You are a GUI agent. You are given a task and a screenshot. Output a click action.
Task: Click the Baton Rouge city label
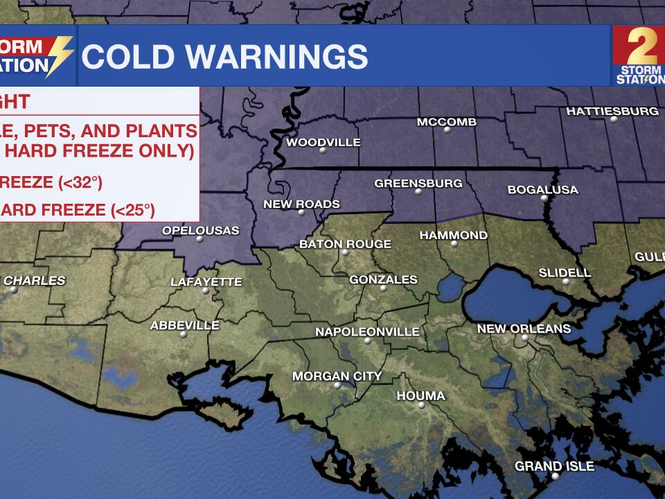pos(345,244)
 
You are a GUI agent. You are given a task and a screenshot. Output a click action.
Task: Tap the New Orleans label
pos(524,329)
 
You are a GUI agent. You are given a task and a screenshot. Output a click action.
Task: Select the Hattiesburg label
pos(612,111)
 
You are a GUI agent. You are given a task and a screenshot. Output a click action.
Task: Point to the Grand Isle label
pos(554,466)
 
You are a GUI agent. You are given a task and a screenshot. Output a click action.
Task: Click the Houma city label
pos(420,396)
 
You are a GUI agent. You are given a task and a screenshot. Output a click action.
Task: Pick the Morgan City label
pos(337,376)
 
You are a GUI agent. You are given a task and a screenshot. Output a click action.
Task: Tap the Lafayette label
pos(206,282)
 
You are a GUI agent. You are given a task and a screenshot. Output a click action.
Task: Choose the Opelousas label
pos(200,230)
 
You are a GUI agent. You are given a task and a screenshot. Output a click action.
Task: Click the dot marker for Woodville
pos(323,150)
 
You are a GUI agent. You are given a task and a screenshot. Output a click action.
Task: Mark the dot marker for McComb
pos(447,130)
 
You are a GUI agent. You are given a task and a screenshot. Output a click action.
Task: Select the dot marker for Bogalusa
pos(544,198)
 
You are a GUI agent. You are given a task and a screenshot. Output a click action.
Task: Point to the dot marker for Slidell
pos(566,281)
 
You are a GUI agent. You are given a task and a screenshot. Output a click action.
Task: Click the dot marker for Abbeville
pos(184,334)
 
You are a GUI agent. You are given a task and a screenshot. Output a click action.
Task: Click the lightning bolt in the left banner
pos(60,55)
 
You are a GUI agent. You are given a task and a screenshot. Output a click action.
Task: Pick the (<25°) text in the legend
pos(131,209)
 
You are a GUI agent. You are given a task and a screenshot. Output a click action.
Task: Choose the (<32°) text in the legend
pos(80,183)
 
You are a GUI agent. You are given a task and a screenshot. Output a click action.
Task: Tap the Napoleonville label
pos(367,332)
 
